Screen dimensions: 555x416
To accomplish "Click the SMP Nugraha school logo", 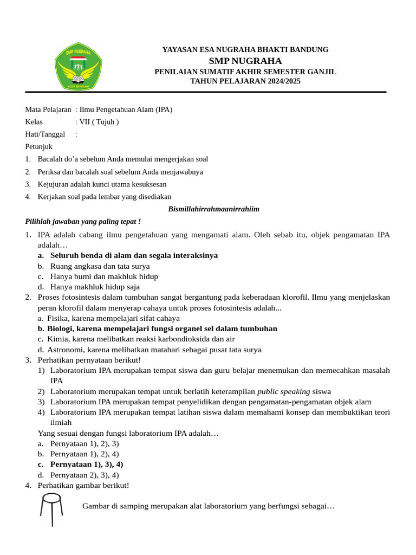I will click(77, 68).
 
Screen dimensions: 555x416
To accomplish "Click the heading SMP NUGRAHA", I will click(245, 61).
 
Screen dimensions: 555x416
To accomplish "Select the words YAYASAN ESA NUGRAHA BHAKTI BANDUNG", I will click(245, 50).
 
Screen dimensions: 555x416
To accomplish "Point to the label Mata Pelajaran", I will click(48, 109).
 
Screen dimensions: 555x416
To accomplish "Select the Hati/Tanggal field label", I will click(45, 134).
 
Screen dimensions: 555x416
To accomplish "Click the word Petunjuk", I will click(39, 146).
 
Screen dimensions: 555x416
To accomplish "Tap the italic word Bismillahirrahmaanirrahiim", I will click(214, 209).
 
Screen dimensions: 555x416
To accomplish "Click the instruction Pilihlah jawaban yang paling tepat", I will click(83, 221).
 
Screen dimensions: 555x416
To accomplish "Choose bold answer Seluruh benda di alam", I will click(134, 255).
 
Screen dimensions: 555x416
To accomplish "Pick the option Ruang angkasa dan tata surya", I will click(100, 266).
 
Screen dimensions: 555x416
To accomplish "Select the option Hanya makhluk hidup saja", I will click(95, 287).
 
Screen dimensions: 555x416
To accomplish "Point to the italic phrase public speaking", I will click(283, 391).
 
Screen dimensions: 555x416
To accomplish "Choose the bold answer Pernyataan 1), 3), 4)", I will click(87, 464).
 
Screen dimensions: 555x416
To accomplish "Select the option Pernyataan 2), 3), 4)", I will click(84, 475).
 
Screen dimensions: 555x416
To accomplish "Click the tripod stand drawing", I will click(51, 509).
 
